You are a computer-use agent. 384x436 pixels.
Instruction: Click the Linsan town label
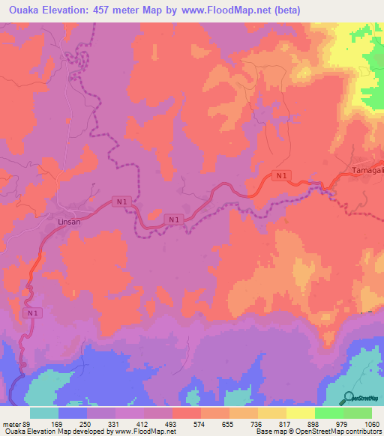pos(68,222)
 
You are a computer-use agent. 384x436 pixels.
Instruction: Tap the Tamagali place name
pos(367,172)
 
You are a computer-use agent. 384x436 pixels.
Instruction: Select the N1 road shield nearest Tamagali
pos(281,175)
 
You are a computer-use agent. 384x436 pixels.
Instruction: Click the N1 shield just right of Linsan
pos(120,202)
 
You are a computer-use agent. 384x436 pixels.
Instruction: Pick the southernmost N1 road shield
pos(31,312)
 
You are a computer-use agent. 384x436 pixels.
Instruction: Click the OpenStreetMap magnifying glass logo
pos(347,399)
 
